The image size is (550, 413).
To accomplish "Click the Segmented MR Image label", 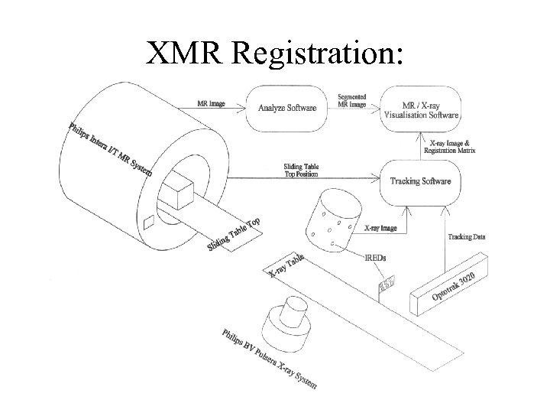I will coord(351,100).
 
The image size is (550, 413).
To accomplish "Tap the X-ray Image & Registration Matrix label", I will coord(451,147).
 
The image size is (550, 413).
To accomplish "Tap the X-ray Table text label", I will coord(287,265).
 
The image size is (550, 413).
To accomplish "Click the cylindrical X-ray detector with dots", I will coord(329,213).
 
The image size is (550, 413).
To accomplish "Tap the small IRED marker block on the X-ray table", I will coord(388,285).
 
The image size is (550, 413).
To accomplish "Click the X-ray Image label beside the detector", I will coord(379,228).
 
